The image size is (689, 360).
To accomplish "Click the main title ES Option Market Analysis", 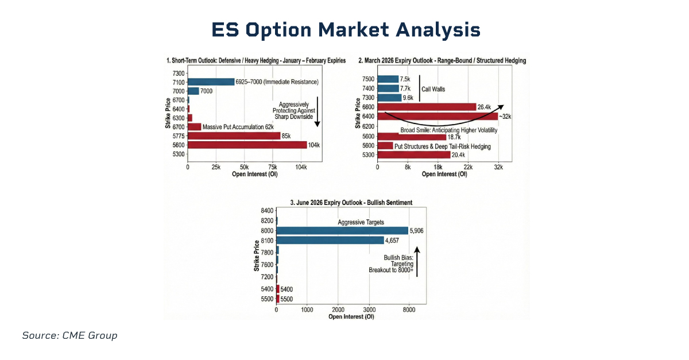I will tap(345, 29).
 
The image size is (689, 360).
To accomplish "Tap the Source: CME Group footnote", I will tap(69, 335).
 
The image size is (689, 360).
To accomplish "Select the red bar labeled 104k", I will tap(247, 145).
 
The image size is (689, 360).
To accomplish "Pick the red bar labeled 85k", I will tap(234, 136).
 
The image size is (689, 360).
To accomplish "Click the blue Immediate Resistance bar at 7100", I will tap(211, 82).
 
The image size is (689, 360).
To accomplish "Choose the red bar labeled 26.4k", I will tap(427, 107).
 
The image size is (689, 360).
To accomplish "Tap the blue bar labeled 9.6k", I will tap(389, 98).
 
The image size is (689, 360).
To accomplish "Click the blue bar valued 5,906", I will tap(342, 230).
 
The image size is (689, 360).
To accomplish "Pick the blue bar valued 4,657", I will tap(330, 240).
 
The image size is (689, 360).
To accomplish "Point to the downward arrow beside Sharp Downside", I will tap(317, 112).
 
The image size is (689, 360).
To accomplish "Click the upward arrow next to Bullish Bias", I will tap(417, 262).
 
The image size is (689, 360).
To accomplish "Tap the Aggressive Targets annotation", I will tap(361, 222).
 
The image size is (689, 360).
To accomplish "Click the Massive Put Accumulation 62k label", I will tap(238, 126).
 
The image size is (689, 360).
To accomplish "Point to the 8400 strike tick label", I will tap(268, 211).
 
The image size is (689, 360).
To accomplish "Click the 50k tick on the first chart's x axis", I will tap(244, 167).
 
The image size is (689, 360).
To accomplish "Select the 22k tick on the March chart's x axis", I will tap(468, 167).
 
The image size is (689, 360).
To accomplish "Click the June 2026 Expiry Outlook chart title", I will tap(351, 203).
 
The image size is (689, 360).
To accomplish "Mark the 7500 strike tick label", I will tap(369, 79).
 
